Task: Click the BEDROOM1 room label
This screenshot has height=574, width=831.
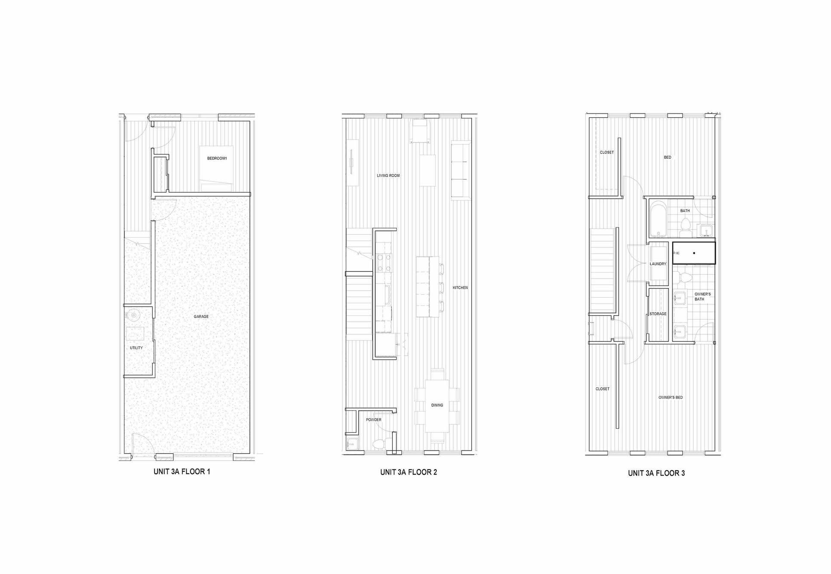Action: (217, 159)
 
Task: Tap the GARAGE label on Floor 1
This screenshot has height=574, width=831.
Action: (201, 317)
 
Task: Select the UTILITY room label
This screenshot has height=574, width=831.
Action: (136, 348)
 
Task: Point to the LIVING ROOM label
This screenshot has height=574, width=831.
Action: (388, 176)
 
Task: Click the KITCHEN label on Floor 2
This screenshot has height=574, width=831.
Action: (460, 288)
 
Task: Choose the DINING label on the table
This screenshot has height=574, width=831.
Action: (437, 405)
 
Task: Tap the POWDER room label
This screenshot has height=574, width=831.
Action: (373, 420)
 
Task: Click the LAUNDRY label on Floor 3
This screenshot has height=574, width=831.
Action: (658, 264)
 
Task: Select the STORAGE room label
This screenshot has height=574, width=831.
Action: (658, 314)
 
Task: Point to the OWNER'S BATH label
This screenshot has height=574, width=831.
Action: (702, 297)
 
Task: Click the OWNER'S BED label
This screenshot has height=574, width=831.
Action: (670, 398)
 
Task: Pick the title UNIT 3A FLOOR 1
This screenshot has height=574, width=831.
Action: (182, 472)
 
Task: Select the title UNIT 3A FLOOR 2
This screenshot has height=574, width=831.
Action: (408, 472)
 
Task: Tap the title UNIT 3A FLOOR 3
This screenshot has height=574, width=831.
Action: (656, 473)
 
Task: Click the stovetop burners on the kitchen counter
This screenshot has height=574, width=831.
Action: (384, 263)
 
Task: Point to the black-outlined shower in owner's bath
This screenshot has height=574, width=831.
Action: (693, 253)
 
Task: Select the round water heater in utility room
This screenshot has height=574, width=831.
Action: (134, 315)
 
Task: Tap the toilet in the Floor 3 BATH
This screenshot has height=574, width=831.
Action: (685, 225)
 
